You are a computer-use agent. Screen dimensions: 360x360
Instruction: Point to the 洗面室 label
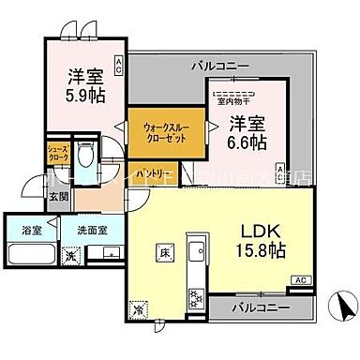tap(90, 226)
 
